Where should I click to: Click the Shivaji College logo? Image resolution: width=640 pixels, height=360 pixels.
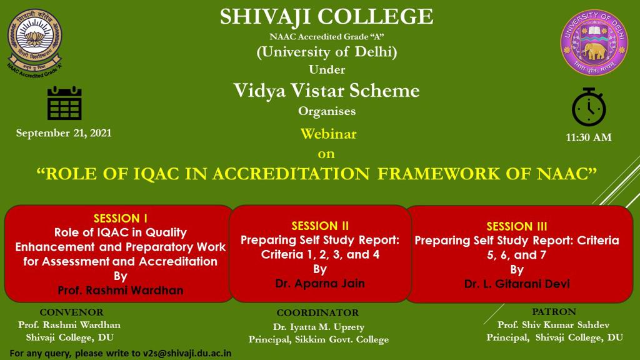(35, 43)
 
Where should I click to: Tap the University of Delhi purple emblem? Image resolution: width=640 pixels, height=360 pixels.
(594, 42)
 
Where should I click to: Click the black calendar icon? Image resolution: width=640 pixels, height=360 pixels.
(64, 103)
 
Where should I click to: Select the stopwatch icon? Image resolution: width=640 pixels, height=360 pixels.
(589, 107)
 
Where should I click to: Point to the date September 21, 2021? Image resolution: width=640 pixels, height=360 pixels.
(64, 133)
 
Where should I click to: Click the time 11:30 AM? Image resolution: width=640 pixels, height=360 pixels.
(589, 137)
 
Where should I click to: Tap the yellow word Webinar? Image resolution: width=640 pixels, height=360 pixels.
(329, 134)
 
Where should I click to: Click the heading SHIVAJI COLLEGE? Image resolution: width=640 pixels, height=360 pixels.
(326, 17)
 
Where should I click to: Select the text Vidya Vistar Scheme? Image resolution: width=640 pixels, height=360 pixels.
(326, 91)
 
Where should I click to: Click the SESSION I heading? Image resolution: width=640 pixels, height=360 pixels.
(121, 218)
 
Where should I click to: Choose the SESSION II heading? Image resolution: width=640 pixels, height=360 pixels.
(320, 226)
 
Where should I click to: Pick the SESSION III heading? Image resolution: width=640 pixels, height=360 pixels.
(517, 226)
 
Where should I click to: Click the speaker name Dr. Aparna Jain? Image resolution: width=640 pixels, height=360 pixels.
(320, 283)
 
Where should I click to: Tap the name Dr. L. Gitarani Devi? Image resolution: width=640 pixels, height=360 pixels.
(517, 284)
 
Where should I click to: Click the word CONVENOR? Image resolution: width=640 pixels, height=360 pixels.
(71, 312)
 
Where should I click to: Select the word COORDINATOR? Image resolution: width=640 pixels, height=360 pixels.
(317, 312)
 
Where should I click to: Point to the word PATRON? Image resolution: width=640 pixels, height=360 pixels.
(554, 312)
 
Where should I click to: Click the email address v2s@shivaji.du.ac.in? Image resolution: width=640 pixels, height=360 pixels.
(187, 353)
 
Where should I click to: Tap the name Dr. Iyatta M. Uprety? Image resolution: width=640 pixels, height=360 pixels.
(318, 327)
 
